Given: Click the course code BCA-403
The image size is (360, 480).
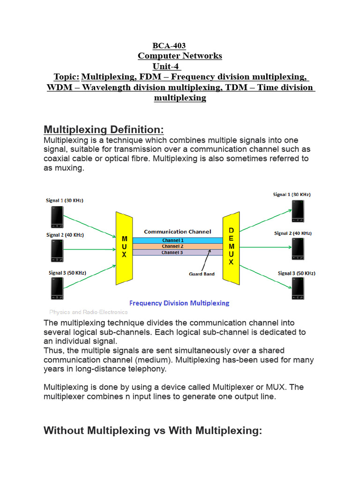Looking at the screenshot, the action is click(169, 46).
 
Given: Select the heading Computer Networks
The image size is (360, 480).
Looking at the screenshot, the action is click(180, 56).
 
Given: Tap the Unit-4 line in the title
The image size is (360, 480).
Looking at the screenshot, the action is click(166, 67).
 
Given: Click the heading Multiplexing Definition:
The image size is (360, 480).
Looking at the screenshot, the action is click(104, 129).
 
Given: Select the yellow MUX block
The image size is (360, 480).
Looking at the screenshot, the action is click(124, 247).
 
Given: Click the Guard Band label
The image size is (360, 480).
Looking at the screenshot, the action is click(202, 274).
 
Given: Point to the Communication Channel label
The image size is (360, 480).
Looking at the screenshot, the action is click(177, 232).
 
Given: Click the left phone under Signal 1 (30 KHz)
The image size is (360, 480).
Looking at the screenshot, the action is click(57, 216).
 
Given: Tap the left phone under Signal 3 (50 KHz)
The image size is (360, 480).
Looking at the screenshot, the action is click(57, 288).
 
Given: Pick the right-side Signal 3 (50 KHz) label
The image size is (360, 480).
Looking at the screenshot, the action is click(296, 273).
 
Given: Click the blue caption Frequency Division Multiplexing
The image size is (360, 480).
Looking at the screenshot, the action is click(179, 303).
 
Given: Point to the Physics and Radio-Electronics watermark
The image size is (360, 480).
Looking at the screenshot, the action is click(89, 312).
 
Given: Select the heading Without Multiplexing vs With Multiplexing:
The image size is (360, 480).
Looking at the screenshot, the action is click(152, 431).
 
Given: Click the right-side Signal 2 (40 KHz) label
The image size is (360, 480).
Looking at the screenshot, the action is click(293, 233).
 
